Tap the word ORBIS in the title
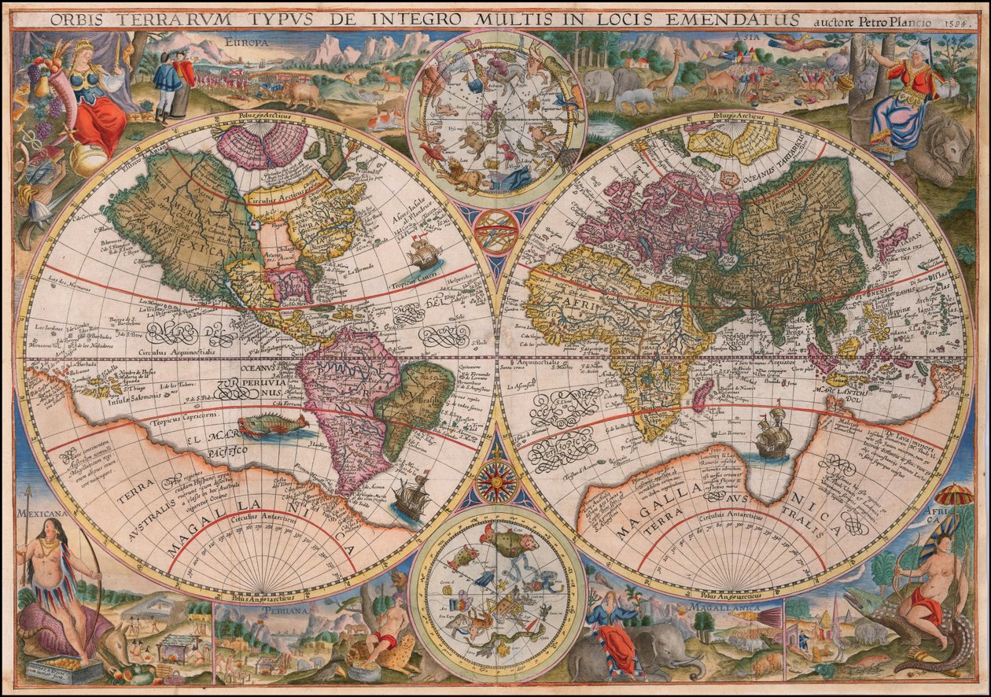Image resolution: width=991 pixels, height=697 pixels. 71,19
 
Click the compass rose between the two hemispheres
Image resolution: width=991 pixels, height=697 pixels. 496,481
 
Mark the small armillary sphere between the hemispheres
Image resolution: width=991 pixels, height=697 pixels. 496,231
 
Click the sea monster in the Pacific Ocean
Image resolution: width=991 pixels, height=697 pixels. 271,426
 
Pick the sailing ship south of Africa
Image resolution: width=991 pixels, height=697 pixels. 773,434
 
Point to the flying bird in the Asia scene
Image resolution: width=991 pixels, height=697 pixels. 794,42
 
